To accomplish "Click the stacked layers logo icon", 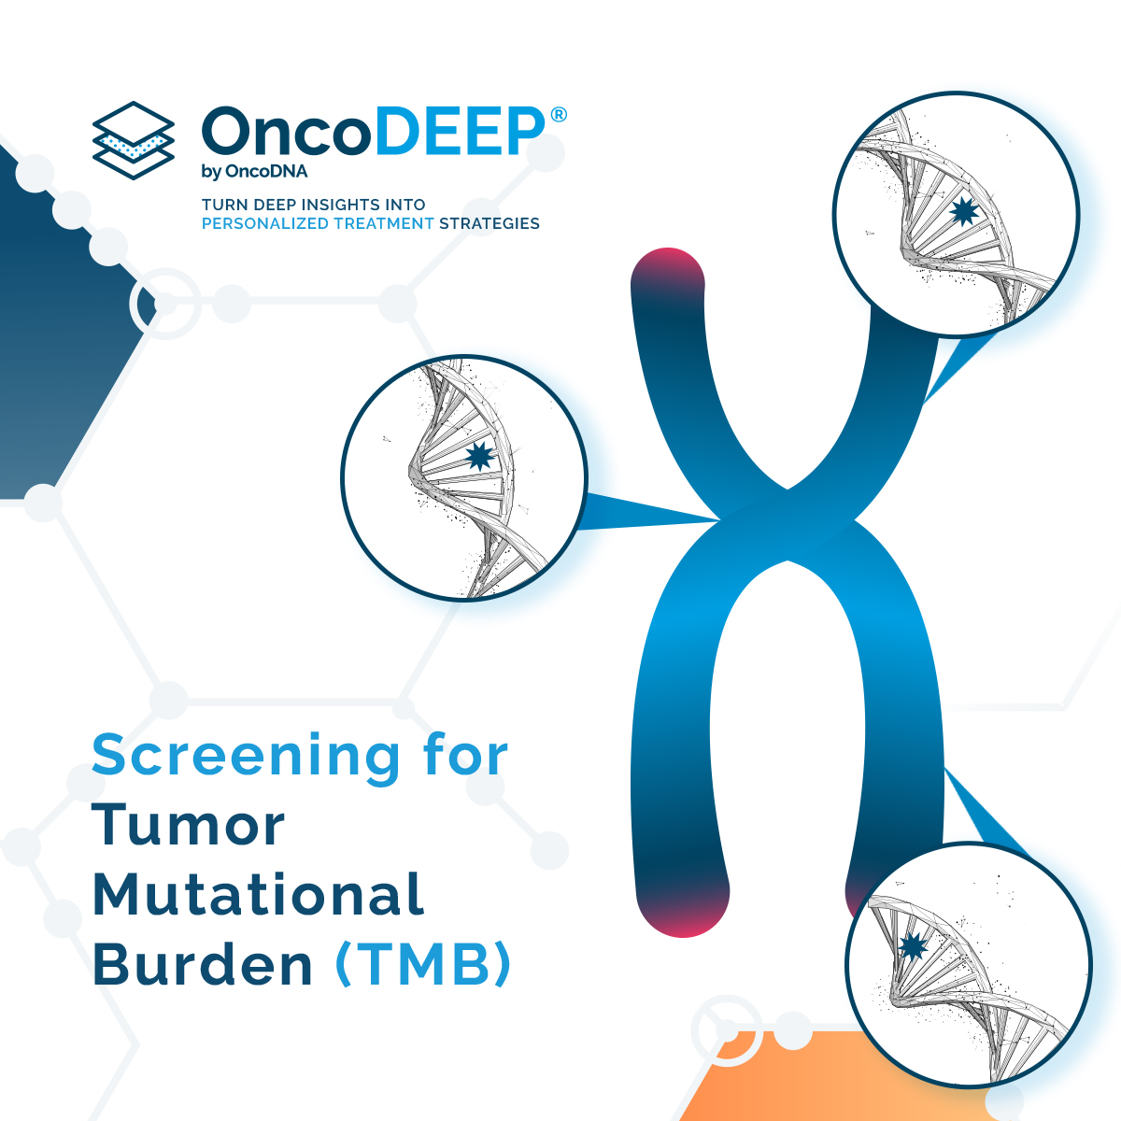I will (x=134, y=141).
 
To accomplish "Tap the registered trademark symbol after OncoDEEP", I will (x=559, y=115).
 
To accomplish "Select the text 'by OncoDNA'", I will (x=254, y=172).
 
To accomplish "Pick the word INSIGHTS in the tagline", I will (x=335, y=205).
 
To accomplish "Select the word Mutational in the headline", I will (x=259, y=895).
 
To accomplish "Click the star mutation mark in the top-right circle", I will (x=962, y=214).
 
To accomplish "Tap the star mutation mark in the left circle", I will (x=479, y=456).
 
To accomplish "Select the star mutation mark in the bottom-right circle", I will (x=912, y=946).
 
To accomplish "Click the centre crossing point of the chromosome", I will (x=787, y=523).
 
